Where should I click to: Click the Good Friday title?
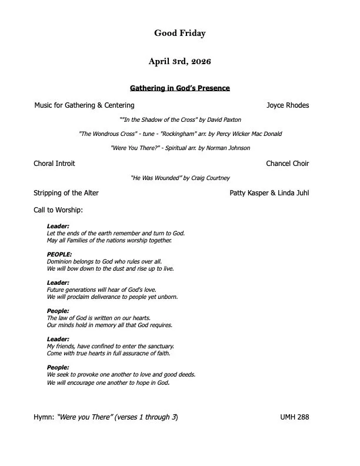click(180, 34)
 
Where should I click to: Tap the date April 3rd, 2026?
click(180, 61)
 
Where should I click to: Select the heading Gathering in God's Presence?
click(179, 88)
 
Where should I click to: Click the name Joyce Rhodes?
click(288, 105)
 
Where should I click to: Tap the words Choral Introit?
click(54, 164)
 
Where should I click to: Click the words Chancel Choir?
click(287, 164)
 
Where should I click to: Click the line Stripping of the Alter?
click(66, 193)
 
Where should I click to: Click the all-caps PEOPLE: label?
click(59, 254)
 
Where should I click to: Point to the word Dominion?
click(59, 261)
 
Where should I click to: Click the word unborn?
click(167, 297)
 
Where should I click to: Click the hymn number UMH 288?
click(295, 417)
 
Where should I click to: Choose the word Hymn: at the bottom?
click(44, 417)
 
